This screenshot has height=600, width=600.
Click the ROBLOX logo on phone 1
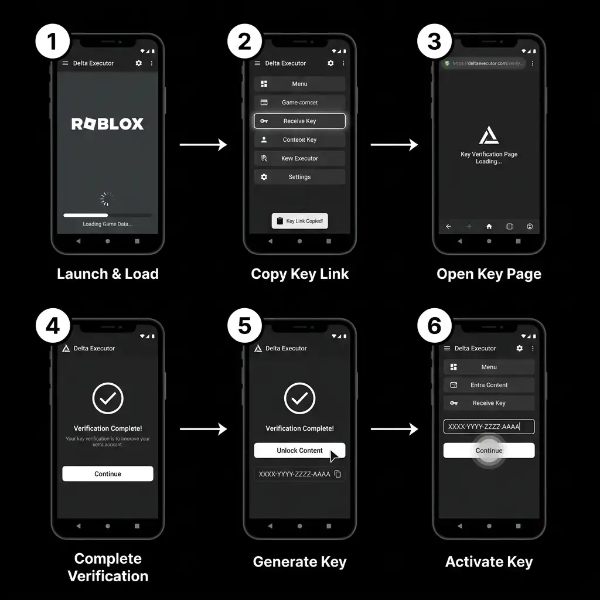click(107, 124)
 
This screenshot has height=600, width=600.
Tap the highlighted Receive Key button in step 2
click(299, 121)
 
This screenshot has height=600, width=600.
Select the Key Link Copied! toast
click(299, 221)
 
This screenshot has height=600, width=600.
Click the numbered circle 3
click(434, 41)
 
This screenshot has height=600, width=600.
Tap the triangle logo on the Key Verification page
click(489, 136)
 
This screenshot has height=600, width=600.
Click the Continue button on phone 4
click(108, 474)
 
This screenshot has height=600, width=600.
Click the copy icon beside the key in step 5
click(337, 474)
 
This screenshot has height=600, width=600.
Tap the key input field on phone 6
click(489, 427)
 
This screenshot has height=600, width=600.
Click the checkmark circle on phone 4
click(108, 399)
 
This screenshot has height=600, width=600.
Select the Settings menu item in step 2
click(299, 177)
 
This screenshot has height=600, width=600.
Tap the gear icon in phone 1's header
click(139, 63)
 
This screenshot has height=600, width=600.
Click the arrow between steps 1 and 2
click(203, 145)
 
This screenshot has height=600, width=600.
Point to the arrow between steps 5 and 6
click(394, 429)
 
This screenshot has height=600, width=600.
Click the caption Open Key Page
click(489, 274)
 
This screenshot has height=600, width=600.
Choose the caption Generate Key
click(299, 562)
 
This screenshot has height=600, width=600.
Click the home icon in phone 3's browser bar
click(489, 227)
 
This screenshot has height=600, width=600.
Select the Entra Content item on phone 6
click(489, 385)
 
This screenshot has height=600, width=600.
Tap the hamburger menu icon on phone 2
click(257, 63)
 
